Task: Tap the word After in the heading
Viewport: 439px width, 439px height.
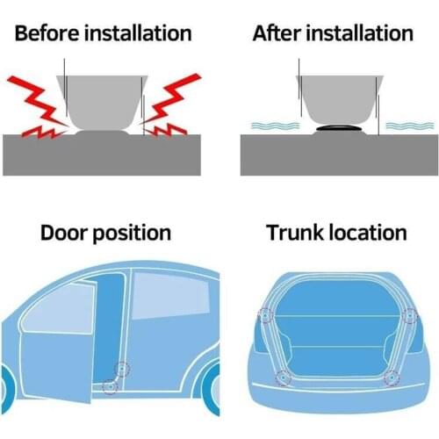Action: click(x=275, y=34)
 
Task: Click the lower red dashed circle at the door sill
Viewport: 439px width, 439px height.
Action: click(x=109, y=385)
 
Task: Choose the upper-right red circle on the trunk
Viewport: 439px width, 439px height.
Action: click(x=407, y=315)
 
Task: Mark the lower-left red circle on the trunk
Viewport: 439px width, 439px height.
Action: click(x=284, y=378)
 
